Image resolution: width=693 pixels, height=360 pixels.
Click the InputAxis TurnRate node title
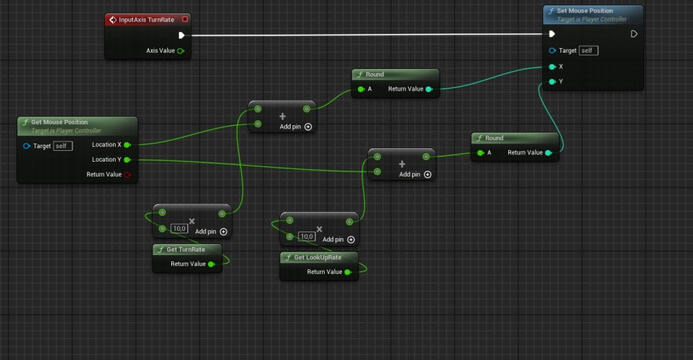[146, 20]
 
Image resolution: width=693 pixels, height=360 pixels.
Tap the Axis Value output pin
[180, 51]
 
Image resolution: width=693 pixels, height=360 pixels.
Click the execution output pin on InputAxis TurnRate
[181, 35]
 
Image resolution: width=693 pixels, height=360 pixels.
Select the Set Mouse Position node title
[585, 11]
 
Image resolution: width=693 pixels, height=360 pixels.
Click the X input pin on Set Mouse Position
[552, 67]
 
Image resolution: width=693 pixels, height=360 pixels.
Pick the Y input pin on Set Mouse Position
[552, 82]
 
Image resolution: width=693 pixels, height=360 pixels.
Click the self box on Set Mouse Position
[588, 50]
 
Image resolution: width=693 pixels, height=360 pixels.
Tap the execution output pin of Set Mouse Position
[633, 34]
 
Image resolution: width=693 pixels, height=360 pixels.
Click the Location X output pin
[127, 145]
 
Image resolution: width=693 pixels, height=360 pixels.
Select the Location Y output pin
[127, 160]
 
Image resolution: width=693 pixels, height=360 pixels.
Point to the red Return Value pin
[127, 175]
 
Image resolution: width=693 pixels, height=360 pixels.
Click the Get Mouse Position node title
[60, 122]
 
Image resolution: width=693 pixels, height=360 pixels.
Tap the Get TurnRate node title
[185, 250]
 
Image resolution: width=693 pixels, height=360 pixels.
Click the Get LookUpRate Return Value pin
[348, 272]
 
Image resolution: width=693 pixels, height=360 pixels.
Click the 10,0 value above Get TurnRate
[179, 228]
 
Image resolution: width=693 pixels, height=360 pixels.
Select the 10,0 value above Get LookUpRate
[307, 236]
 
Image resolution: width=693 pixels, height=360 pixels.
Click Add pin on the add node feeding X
[296, 127]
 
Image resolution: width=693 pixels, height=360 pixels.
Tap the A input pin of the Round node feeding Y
[480, 153]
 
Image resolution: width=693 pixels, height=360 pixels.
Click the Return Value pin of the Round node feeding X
[428, 89]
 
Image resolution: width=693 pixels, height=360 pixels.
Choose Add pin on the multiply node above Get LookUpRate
[338, 240]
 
